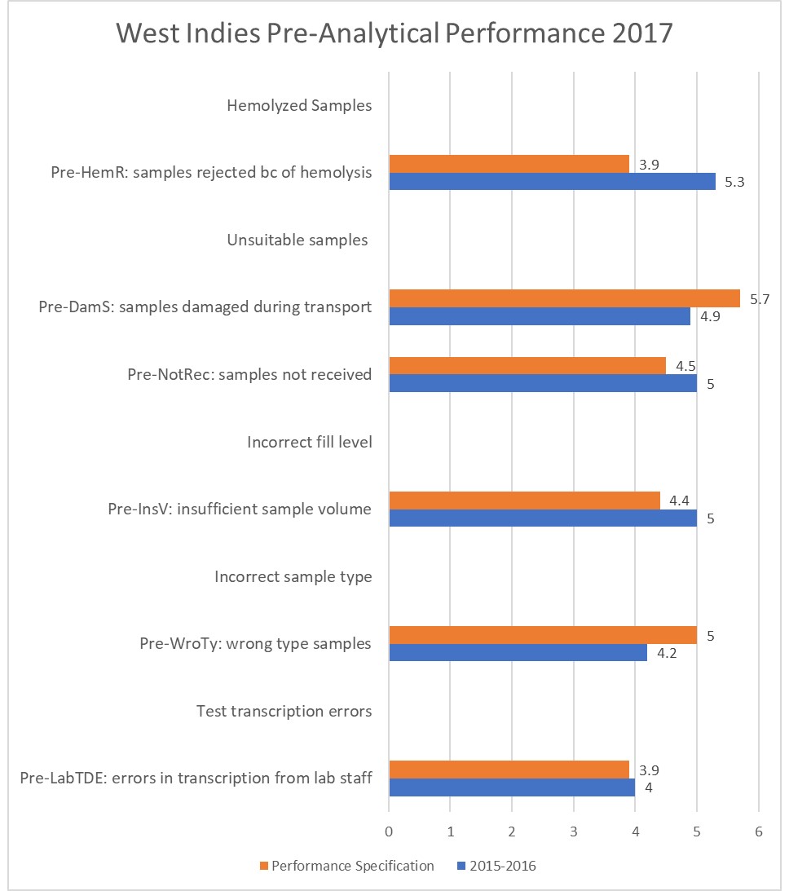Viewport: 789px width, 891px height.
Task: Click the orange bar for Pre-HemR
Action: [x=509, y=164]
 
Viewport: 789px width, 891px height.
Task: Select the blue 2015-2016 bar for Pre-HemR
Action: [x=552, y=181]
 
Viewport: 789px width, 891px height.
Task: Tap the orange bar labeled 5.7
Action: [x=564, y=298]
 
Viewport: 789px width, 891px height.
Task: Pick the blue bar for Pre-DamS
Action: [x=540, y=316]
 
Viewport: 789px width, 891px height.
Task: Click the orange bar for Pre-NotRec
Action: [x=527, y=366]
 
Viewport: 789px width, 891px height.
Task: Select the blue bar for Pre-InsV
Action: [x=543, y=518]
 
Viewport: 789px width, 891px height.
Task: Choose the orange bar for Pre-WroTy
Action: [x=543, y=635]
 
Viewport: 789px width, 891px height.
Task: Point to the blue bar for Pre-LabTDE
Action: [x=512, y=787]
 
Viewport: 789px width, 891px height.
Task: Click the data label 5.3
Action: [x=735, y=182]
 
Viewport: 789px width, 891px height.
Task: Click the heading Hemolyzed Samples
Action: [x=299, y=105]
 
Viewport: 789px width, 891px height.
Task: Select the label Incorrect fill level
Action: [x=310, y=442]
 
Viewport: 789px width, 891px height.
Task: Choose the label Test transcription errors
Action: [x=284, y=712]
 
